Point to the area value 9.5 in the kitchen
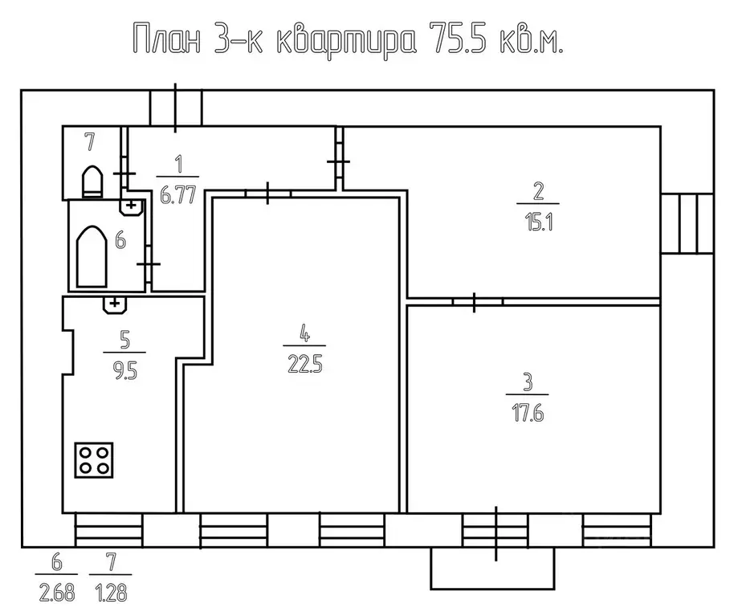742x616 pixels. pyautogui.click(x=124, y=372)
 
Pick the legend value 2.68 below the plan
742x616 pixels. pyautogui.click(x=55, y=594)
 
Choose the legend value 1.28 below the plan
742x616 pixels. pyautogui.click(x=108, y=594)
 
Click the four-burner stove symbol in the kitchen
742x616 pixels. pyautogui.click(x=94, y=459)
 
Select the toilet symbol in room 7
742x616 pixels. pyautogui.click(x=92, y=181)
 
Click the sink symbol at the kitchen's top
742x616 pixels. pyautogui.click(x=115, y=304)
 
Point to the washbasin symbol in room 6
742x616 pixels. pyautogui.click(x=131, y=207)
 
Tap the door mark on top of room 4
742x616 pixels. pyautogui.click(x=267, y=193)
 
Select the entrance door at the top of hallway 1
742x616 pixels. pyautogui.click(x=176, y=108)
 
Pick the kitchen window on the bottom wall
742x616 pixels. pyautogui.click(x=108, y=530)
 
